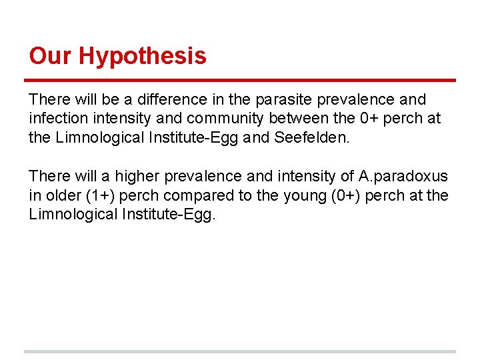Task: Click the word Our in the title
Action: (51, 56)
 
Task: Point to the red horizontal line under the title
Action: (240, 81)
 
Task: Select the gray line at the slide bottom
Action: (240, 351)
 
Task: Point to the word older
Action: (62, 196)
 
